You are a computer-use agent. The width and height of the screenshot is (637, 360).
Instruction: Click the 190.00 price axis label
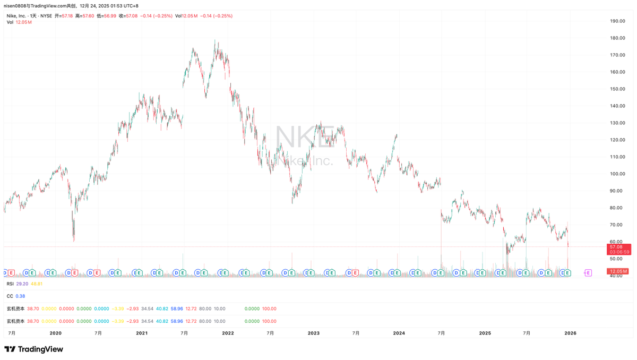[x=617, y=21]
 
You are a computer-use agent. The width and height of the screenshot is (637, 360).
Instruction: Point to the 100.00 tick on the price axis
[x=617, y=174]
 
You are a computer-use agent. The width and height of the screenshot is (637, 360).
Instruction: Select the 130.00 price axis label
[x=617, y=123]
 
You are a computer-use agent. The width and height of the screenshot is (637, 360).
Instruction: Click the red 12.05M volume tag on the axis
[x=617, y=271]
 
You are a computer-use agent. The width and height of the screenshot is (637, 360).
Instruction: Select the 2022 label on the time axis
[x=228, y=333]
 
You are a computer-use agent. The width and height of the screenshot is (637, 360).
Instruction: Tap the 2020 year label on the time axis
[x=56, y=333]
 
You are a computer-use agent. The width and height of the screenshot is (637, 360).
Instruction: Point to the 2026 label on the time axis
[x=570, y=333]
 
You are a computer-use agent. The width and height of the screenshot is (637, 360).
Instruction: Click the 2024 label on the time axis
[x=399, y=333]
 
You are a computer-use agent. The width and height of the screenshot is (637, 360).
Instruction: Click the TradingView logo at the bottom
[x=33, y=349]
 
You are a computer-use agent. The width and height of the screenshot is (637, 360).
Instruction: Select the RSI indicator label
[x=10, y=284]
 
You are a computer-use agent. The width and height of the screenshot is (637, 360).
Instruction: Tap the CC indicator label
[x=10, y=296]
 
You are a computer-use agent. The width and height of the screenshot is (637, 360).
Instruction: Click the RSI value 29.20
[x=22, y=284]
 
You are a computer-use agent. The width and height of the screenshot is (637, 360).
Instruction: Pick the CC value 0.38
[x=21, y=296]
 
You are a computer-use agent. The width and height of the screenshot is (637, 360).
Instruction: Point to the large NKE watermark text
[x=305, y=136]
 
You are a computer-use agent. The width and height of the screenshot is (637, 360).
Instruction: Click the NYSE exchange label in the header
[x=47, y=16]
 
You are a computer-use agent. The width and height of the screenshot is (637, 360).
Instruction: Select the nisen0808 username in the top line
[x=15, y=5]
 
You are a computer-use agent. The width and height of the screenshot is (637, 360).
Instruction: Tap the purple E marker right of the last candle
[x=588, y=272]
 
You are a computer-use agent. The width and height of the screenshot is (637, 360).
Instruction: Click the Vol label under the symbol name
[x=10, y=22]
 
